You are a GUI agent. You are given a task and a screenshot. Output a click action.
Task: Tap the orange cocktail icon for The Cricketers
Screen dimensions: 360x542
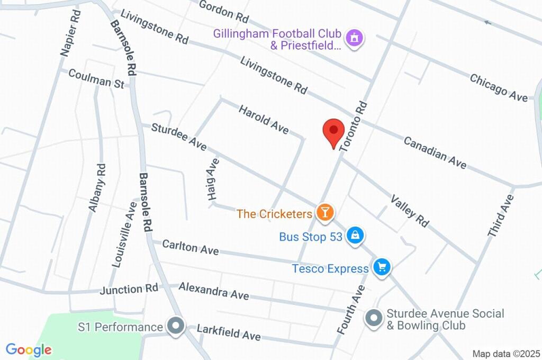click(324, 213)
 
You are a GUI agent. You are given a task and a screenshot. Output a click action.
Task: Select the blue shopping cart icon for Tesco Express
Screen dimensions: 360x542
click(381, 267)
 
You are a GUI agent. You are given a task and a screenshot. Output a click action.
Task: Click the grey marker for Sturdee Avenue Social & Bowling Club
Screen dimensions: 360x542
click(374, 319)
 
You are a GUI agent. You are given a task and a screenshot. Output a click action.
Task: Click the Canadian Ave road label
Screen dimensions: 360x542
click(435, 153)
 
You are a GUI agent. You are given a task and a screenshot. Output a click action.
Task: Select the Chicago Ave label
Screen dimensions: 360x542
click(499, 87)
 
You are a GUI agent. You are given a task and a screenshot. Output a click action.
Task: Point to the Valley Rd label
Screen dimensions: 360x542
click(410, 211)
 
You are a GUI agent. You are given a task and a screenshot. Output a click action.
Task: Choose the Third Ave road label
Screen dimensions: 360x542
click(501, 215)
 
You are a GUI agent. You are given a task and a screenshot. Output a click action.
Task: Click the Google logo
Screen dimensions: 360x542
click(29, 350)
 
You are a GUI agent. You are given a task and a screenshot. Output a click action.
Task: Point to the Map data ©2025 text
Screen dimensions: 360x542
click(505, 354)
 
